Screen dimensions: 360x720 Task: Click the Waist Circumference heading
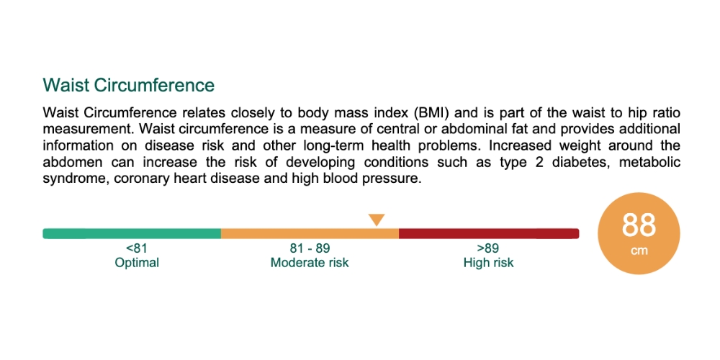point(129,85)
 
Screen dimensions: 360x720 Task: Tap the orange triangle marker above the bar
point(377,220)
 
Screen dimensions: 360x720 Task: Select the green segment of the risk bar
point(132,233)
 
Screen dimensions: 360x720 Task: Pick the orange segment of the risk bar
point(310,233)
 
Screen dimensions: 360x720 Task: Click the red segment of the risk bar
point(488,233)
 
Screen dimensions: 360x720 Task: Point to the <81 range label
point(137,248)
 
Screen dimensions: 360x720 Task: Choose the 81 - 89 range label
point(310,248)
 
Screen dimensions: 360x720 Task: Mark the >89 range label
point(488,248)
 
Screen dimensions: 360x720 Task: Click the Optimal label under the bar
point(137,263)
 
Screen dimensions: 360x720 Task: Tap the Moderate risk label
point(310,263)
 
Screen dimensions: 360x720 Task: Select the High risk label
point(488,263)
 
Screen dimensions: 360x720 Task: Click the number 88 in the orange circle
point(639,225)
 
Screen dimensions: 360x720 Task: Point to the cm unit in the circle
point(639,251)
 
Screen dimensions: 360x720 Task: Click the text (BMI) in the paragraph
point(431,113)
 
